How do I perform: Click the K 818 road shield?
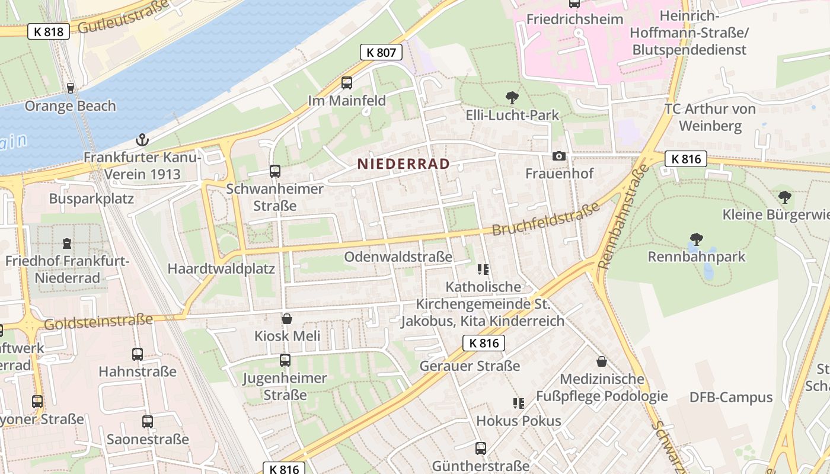coord(49,31)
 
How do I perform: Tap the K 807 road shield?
coord(381,52)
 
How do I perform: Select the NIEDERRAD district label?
coord(403,164)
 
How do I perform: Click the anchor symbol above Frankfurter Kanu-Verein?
coord(142,140)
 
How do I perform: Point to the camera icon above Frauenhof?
coord(558,156)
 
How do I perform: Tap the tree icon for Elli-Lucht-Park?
coord(512,97)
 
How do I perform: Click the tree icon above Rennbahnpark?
coord(696,239)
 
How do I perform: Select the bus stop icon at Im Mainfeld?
coord(347,83)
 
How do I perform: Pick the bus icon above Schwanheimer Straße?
coord(274,171)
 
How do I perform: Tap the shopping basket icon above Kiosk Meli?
coord(287,319)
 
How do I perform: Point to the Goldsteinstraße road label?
coord(98,322)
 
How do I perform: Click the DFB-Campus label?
coord(731,398)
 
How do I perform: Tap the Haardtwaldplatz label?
coord(221,268)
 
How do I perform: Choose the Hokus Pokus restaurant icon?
coord(518,403)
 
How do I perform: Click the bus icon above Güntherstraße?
coord(480,449)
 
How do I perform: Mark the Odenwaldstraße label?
coord(398,257)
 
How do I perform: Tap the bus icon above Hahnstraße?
coord(138,354)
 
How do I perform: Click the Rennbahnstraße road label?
coord(620,217)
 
